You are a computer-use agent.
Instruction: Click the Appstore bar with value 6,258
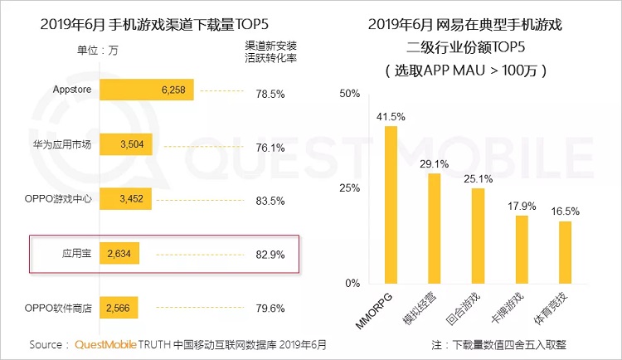pos(148,91)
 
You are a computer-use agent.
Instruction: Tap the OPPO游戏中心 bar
pos(125,199)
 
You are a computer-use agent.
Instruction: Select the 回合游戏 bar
pos(478,235)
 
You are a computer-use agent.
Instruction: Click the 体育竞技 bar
pos(564,251)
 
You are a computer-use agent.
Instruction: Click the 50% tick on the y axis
pos(351,93)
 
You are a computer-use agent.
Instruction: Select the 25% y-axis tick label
pos(351,188)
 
